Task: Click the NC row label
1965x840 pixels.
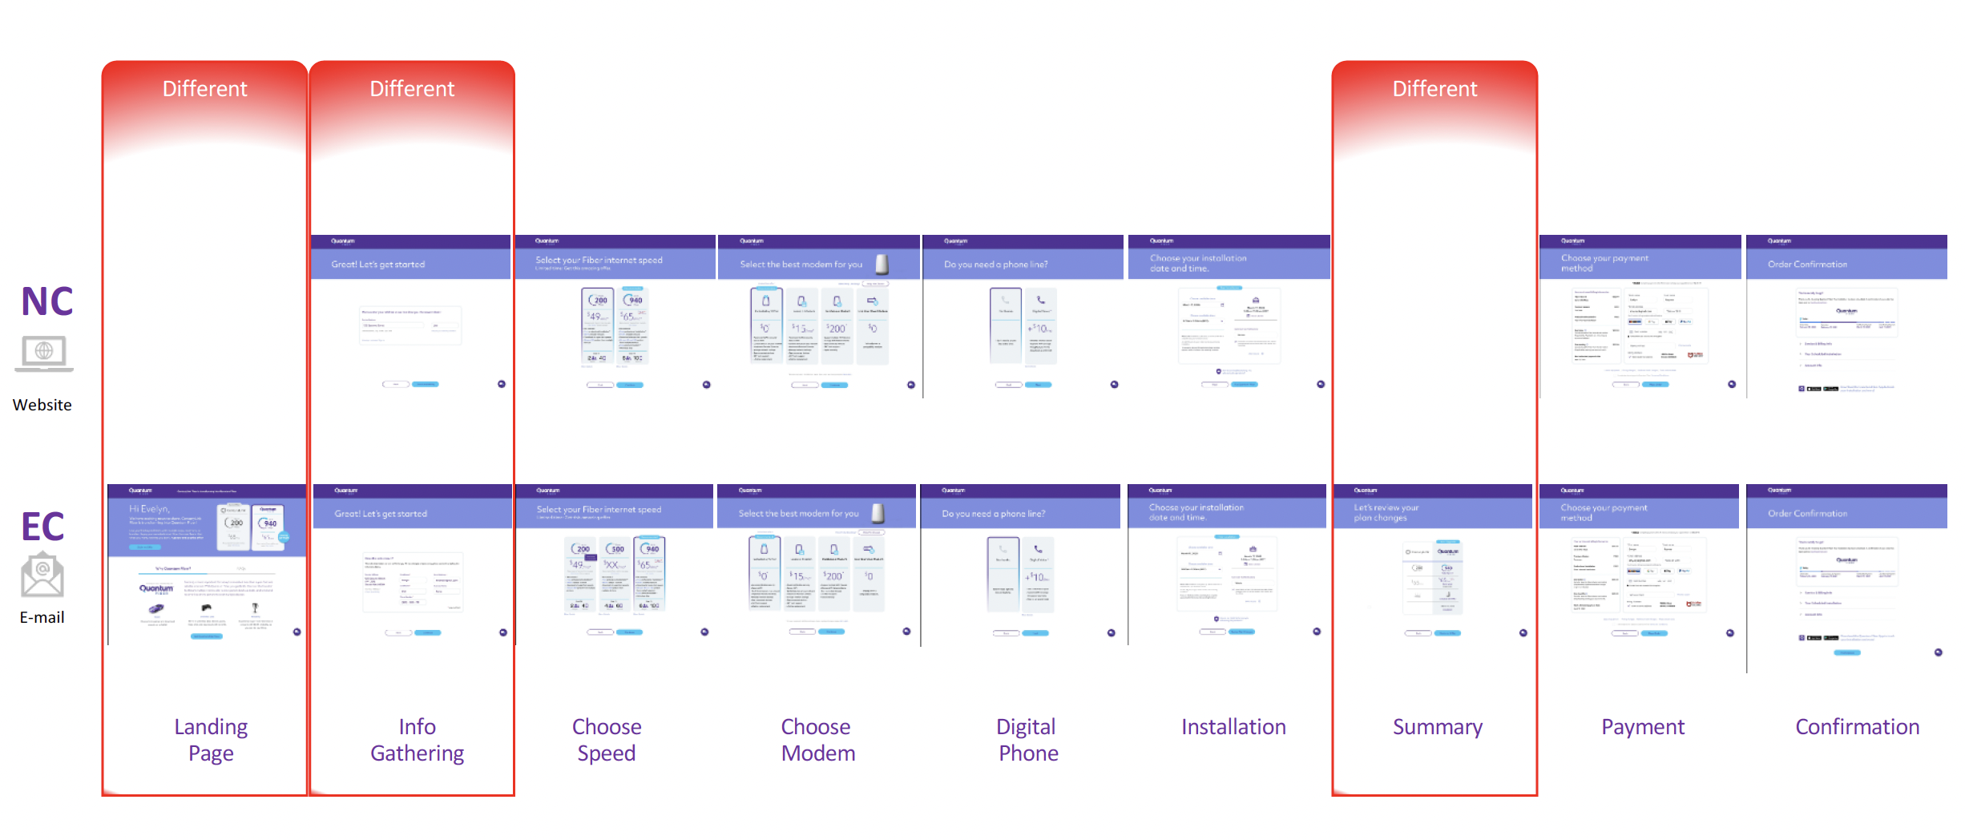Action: click(x=46, y=301)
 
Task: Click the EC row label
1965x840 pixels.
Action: click(x=42, y=527)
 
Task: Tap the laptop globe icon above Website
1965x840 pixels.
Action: click(x=44, y=353)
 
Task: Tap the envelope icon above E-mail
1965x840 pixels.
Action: click(x=42, y=575)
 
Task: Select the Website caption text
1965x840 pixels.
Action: click(x=42, y=405)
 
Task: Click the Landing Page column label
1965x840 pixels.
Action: click(x=211, y=739)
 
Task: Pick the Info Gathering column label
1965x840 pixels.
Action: click(x=417, y=739)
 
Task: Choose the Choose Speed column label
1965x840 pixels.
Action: click(x=607, y=739)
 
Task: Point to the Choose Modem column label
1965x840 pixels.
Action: click(x=817, y=739)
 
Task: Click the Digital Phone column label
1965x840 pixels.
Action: click(x=1027, y=739)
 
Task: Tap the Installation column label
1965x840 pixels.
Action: click(x=1233, y=727)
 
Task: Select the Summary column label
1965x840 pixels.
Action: click(x=1437, y=727)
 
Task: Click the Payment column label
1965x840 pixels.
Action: click(x=1643, y=727)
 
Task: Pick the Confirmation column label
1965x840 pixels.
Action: click(x=1857, y=727)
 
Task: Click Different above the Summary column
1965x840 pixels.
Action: click(x=1434, y=89)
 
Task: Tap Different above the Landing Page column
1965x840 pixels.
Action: click(x=204, y=89)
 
